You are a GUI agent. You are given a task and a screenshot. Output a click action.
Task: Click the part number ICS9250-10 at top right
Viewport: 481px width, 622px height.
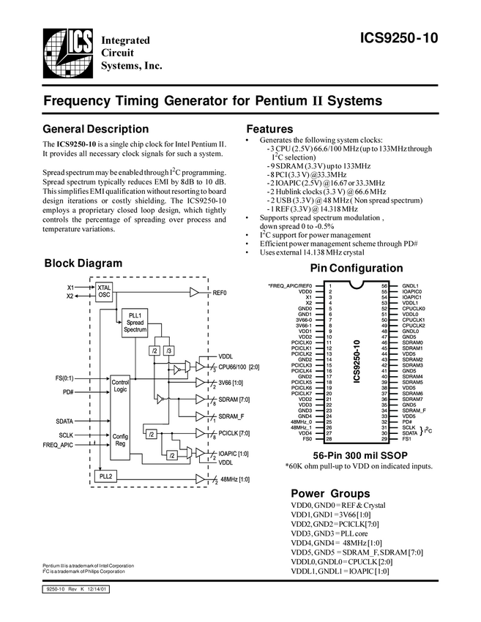(x=400, y=39)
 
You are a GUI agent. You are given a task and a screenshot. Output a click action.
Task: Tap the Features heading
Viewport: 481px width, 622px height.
(x=270, y=130)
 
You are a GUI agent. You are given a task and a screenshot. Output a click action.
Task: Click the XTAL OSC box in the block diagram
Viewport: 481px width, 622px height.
(x=104, y=291)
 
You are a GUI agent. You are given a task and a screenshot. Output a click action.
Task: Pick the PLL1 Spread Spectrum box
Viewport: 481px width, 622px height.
(x=135, y=322)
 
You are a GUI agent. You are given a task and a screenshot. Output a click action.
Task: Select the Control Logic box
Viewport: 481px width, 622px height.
(x=120, y=386)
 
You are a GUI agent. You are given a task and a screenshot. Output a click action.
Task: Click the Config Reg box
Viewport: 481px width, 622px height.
(x=120, y=441)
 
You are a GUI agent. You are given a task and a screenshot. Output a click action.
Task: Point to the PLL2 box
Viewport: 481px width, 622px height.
(x=105, y=476)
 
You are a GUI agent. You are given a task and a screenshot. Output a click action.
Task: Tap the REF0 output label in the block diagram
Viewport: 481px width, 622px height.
(x=220, y=292)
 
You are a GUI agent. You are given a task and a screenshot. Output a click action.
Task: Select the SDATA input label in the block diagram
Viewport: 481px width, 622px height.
(x=64, y=421)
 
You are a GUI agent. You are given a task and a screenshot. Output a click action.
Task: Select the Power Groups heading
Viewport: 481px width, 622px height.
(x=330, y=493)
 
